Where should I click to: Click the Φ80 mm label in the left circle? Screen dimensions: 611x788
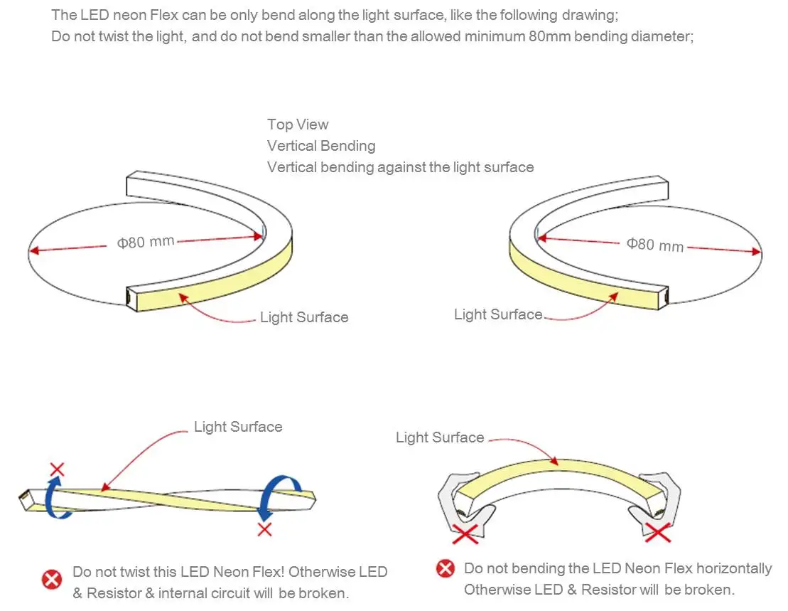click(x=146, y=242)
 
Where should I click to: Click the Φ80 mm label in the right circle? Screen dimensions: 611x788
click(x=654, y=245)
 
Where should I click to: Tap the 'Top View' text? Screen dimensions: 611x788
click(x=298, y=124)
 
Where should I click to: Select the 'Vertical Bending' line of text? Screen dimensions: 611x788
click(x=321, y=146)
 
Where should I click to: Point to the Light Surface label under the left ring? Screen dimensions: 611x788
click(x=304, y=317)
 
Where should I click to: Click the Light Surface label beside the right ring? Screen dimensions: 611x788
click(x=498, y=314)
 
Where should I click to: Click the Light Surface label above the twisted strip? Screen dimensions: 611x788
click(x=238, y=427)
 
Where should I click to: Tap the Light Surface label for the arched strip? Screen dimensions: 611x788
click(x=440, y=437)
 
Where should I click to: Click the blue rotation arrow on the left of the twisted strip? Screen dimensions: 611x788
click(x=55, y=498)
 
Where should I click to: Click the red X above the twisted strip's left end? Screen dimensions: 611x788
click(x=57, y=469)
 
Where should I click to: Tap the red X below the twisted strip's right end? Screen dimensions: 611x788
click(x=265, y=529)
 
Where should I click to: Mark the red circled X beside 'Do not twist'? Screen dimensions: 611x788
click(x=52, y=580)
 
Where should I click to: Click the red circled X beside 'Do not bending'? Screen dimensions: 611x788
click(x=445, y=568)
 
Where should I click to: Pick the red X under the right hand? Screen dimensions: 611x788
click(x=657, y=531)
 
